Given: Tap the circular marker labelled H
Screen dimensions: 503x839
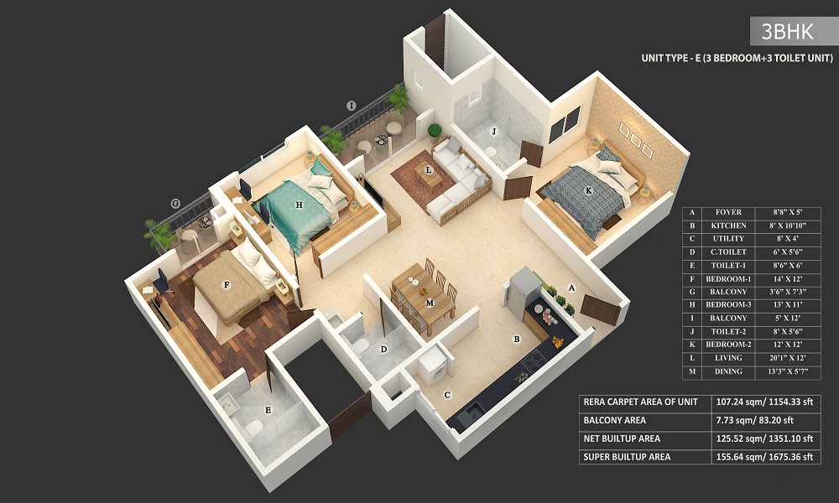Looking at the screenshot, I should [298, 204].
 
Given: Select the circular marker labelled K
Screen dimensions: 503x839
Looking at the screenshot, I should [589, 191].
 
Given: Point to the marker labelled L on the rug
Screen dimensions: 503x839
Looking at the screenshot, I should [429, 170].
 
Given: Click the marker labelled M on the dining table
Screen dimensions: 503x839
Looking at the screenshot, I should [430, 302].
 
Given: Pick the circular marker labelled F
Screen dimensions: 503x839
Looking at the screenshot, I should [227, 284].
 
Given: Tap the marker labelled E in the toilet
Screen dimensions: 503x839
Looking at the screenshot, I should [268, 410].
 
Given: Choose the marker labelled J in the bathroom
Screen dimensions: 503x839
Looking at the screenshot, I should [494, 131].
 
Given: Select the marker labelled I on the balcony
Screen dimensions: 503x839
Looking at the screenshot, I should [352, 105].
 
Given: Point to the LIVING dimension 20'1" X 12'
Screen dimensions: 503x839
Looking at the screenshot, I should [793, 359].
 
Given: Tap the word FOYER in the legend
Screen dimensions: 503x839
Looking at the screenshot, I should [722, 213].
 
